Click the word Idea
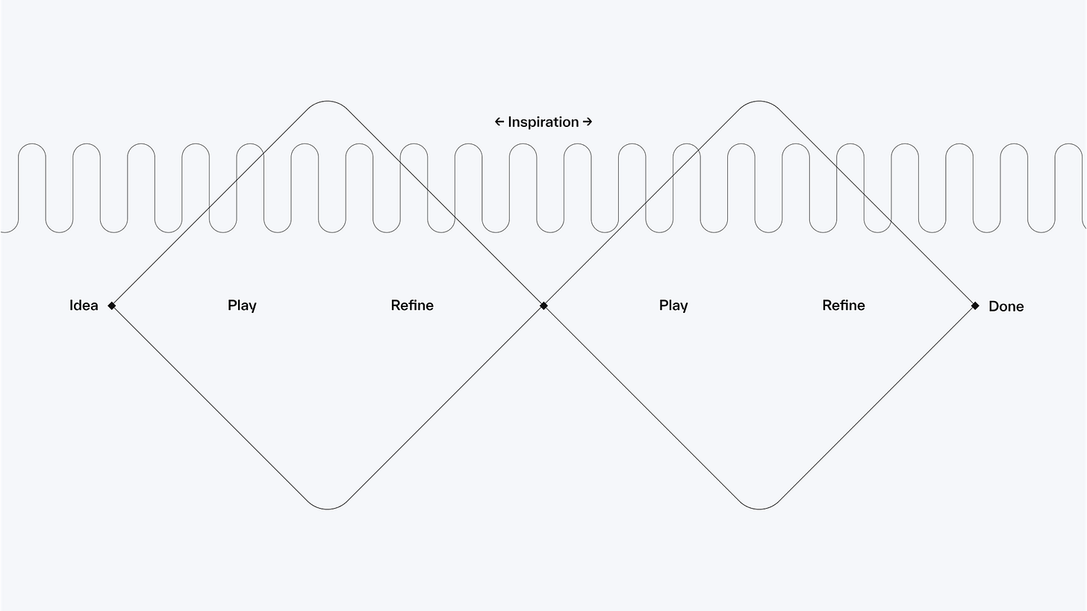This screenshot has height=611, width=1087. pyautogui.click(x=84, y=305)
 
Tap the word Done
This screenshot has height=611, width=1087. pyautogui.click(x=1006, y=306)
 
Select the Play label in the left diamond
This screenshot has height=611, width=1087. pyautogui.click(x=242, y=305)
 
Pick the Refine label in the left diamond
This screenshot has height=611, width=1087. pyautogui.click(x=412, y=305)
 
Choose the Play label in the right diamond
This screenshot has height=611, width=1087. pyautogui.click(x=673, y=305)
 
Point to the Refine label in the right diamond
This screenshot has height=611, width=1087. pyautogui.click(x=844, y=305)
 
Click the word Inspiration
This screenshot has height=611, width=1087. pyautogui.click(x=543, y=122)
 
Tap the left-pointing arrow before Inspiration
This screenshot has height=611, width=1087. pyautogui.click(x=499, y=122)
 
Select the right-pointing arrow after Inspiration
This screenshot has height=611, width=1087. pyautogui.click(x=588, y=122)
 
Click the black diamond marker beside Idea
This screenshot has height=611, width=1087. pyautogui.click(x=112, y=305)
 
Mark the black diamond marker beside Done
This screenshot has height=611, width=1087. pyautogui.click(x=975, y=305)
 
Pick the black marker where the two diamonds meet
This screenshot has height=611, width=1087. pyautogui.click(x=543, y=305)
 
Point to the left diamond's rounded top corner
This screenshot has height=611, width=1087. pyautogui.click(x=328, y=102)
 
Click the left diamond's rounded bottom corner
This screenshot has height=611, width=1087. pyautogui.click(x=328, y=509)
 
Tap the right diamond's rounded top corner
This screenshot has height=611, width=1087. pyautogui.click(x=759, y=102)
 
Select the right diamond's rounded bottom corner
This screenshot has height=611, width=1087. pyautogui.click(x=759, y=509)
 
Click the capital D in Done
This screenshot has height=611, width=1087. pyautogui.click(x=994, y=306)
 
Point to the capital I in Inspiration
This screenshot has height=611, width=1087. pyautogui.click(x=510, y=122)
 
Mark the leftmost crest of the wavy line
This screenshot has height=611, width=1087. pyautogui.click(x=32, y=144)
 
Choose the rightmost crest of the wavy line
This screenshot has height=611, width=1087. pyautogui.click(x=1068, y=144)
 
